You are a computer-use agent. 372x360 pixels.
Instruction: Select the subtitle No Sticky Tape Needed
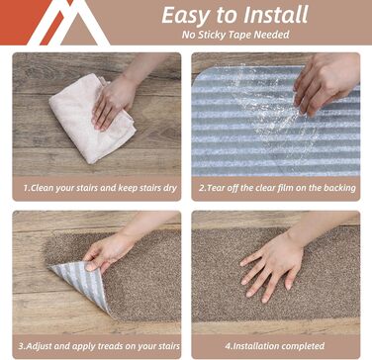click(x=235, y=35)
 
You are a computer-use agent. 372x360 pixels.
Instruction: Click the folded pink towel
click(x=92, y=119)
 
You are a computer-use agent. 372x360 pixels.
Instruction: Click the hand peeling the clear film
click(x=325, y=82)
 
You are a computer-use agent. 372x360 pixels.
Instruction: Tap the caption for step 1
click(x=100, y=188)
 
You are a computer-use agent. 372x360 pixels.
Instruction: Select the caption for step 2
click(x=277, y=188)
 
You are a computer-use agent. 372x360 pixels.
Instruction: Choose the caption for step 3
click(x=99, y=346)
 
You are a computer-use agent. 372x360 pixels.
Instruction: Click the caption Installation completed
click(x=275, y=346)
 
